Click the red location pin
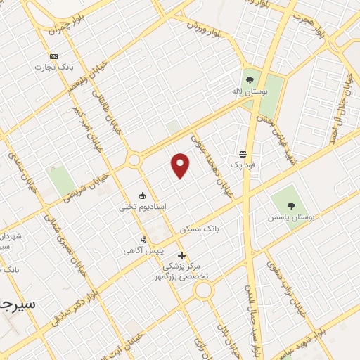point(181,165)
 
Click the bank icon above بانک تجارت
point(53,56)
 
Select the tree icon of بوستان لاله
point(250,80)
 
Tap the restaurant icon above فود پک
point(243,153)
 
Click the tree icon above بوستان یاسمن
point(291,206)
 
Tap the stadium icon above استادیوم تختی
point(143,195)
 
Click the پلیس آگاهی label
point(144,250)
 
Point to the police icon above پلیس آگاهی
point(144,239)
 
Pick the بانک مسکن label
point(200,229)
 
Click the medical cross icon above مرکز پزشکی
point(181,255)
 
